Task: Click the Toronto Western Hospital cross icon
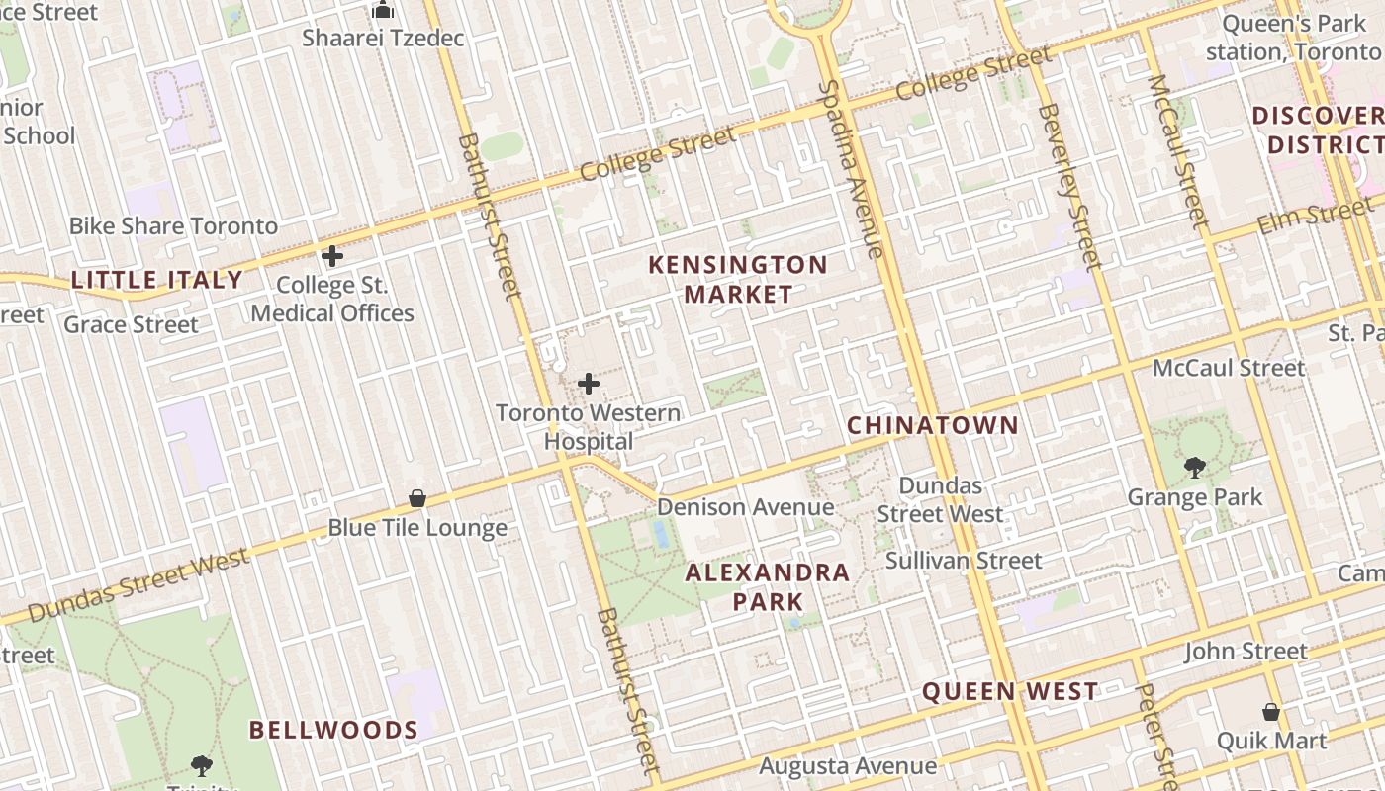(589, 384)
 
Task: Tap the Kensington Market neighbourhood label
(738, 280)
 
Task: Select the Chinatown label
(933, 426)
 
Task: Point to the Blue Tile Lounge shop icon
(417, 498)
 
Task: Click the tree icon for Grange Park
(1195, 467)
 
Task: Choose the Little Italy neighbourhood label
(157, 280)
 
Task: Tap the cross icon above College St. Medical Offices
(332, 256)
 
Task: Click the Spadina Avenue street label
(850, 170)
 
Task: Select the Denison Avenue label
(746, 507)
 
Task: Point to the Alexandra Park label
(768, 586)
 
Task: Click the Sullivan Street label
(964, 561)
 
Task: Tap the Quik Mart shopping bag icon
(1271, 712)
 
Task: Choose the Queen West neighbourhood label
(1010, 692)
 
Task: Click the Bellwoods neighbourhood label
(333, 731)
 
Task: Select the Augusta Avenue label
(848, 766)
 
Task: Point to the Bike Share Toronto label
(173, 226)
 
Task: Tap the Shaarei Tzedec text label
(383, 39)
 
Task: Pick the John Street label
(1246, 652)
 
